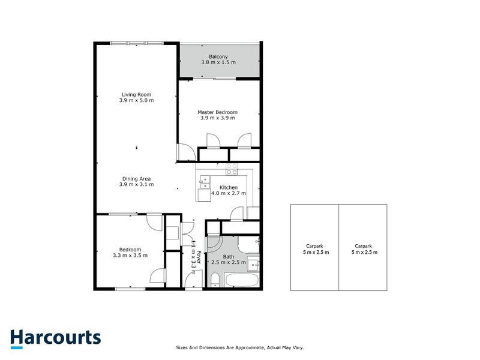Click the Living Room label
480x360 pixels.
[x=136, y=94]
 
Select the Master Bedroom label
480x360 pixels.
[x=217, y=112]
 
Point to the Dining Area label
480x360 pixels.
[x=136, y=178]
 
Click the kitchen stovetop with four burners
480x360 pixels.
[x=232, y=169]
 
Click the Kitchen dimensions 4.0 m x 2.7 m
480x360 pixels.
[x=228, y=194]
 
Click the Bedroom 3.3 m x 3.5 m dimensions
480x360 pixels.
[x=130, y=256]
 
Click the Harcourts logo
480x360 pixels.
[x=55, y=337]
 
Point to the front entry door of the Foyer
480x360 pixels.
[x=194, y=283]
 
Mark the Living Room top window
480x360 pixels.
[x=137, y=43]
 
